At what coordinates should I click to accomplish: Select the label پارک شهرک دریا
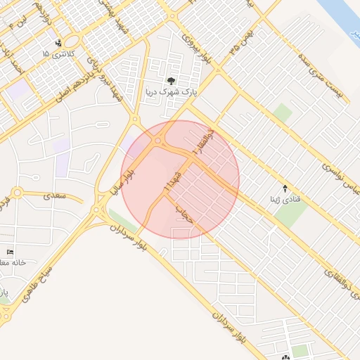tap(172, 91)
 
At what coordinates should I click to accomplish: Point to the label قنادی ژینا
tap(285, 199)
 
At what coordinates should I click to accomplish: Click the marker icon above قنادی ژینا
tap(285, 188)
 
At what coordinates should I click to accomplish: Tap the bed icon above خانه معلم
tap(10, 252)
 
